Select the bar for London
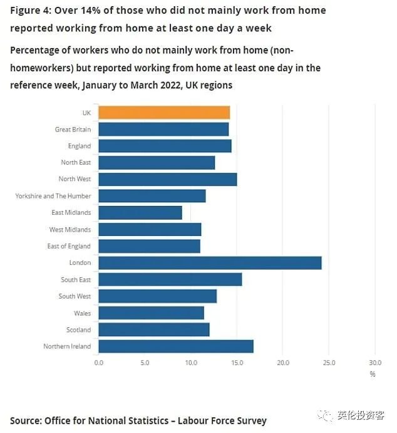point(210,263)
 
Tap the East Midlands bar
point(140,213)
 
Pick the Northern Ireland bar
point(176,346)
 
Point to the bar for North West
point(168,179)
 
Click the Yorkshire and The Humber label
point(53,196)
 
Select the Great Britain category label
point(73,130)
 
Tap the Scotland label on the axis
point(78,330)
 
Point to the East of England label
point(69,247)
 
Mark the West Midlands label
point(70,230)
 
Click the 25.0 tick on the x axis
point(329,362)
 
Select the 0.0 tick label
point(99,362)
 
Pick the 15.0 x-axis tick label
point(237,362)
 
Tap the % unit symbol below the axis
point(372,374)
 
